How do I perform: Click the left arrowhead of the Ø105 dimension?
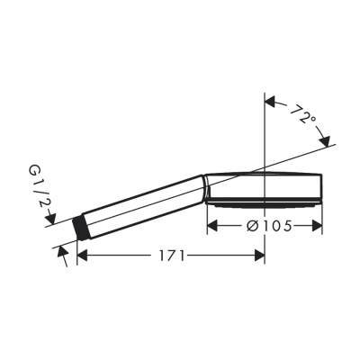coord(213,227)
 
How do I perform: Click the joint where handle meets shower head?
coord(207,186)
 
